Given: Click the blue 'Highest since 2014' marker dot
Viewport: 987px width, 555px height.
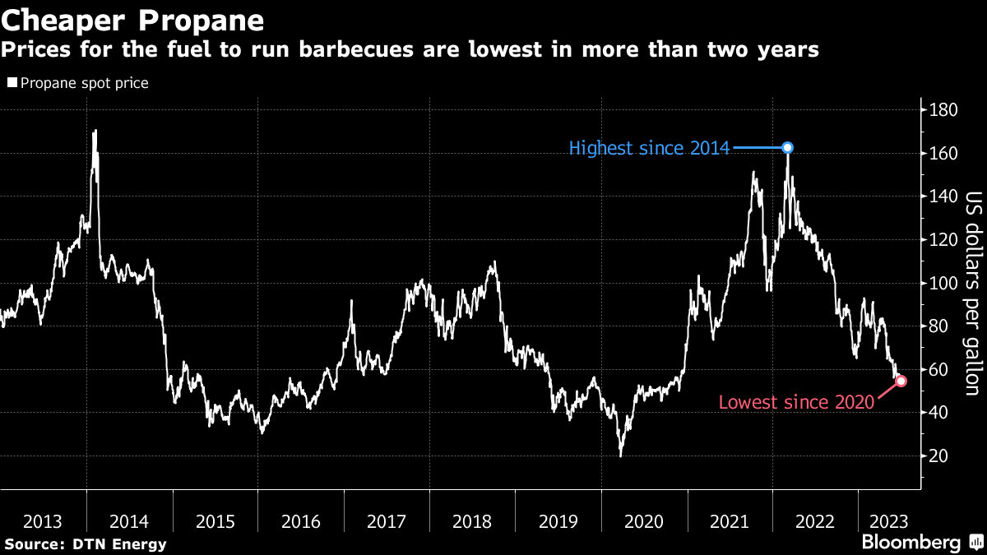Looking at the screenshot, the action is (x=787, y=147).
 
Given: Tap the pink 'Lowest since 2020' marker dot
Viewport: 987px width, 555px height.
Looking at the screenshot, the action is (x=901, y=381).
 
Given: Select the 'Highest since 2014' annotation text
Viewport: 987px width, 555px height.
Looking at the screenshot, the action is (x=649, y=148).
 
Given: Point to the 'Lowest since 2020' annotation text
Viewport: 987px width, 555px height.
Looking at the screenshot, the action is (x=796, y=402).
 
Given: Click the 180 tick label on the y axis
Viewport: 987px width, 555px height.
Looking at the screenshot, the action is (x=943, y=110).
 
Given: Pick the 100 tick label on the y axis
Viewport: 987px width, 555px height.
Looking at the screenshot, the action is (x=943, y=283).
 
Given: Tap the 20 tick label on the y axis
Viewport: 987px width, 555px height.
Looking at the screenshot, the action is (x=938, y=456).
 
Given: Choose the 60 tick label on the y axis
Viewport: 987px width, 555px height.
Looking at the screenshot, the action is (x=938, y=369).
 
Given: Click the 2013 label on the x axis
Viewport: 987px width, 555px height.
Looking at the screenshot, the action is (x=42, y=521).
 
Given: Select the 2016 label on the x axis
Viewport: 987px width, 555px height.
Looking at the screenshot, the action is (x=300, y=521).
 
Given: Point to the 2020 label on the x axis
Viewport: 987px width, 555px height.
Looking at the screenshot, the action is (x=644, y=521).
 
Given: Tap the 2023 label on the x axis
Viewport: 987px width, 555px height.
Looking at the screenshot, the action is (x=889, y=521).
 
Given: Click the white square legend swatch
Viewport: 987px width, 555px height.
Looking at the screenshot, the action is (x=12, y=82).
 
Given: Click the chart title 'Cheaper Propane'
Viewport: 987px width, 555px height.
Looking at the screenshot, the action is (x=132, y=21).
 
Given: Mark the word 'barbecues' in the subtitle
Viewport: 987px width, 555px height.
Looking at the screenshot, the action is (x=356, y=49).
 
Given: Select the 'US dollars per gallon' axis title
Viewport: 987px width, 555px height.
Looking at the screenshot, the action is (x=974, y=294).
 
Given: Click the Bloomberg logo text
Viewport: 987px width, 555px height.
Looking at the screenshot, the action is (x=911, y=542).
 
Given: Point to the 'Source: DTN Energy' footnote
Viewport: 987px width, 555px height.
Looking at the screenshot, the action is (x=86, y=544).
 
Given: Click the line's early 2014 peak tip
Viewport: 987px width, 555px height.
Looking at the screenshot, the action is (x=95, y=131).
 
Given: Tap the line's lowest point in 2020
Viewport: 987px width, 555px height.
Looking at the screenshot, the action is (x=621, y=456).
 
